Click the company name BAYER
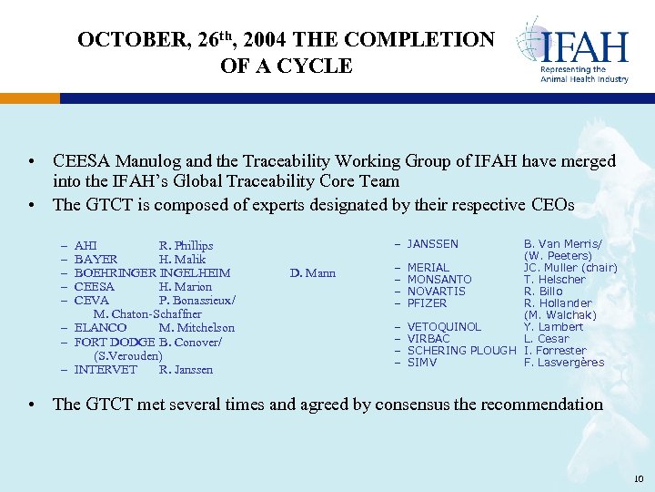(96, 259)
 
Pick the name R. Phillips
(186, 245)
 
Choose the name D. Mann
(313, 272)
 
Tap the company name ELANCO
(100, 327)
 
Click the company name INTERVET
(106, 369)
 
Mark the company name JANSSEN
(432, 244)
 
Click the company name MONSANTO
(439, 280)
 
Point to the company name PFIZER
(427, 303)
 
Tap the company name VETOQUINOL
(444, 327)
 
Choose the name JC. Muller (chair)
(570, 268)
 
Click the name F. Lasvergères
(564, 363)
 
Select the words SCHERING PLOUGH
(462, 351)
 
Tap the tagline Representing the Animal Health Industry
(584, 74)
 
